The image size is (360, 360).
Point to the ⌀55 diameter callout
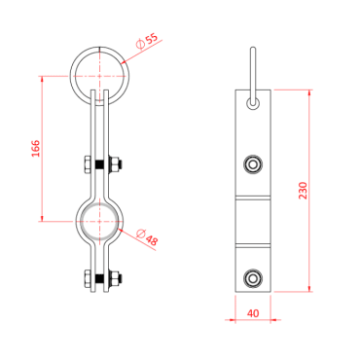tap(148, 42)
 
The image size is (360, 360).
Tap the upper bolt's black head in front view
tap(85, 163)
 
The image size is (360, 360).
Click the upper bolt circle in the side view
tap(254, 162)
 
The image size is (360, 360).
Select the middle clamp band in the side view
tap(254, 220)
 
